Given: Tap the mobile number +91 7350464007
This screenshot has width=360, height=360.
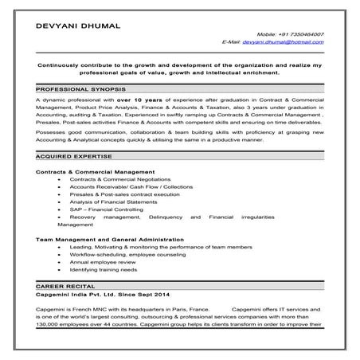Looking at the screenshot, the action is (x=301, y=35).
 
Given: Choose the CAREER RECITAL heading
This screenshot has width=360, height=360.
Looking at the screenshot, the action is (x=64, y=284).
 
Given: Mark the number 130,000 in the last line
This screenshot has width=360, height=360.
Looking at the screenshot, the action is (x=49, y=323).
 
